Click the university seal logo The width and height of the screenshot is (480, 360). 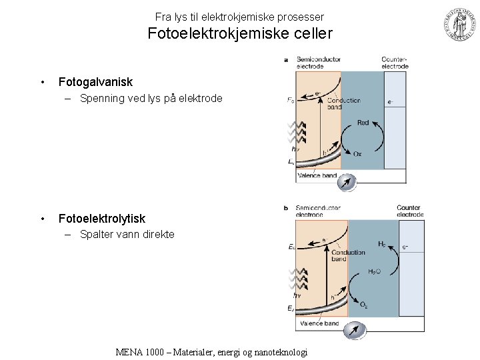pyautogui.click(x=459, y=26)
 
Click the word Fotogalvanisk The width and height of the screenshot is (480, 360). pyautogui.click(x=95, y=82)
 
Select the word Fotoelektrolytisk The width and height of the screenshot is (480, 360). pyautogui.click(x=101, y=219)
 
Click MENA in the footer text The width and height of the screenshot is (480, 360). pyautogui.click(x=131, y=352)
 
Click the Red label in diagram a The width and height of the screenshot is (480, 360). pyautogui.click(x=363, y=123)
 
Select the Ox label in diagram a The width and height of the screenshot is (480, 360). pyautogui.click(x=357, y=154)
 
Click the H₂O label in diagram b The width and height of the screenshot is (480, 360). pyautogui.click(x=374, y=271)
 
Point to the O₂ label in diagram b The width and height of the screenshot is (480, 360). pyautogui.click(x=364, y=305)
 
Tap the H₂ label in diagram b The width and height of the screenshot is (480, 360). pyautogui.click(x=382, y=245)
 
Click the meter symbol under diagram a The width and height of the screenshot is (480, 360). pyautogui.click(x=347, y=183)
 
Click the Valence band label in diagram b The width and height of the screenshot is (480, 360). pyautogui.click(x=319, y=323)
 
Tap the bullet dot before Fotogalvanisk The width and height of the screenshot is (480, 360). pyautogui.click(x=42, y=82)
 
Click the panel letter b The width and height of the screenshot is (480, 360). pyautogui.click(x=286, y=208)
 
